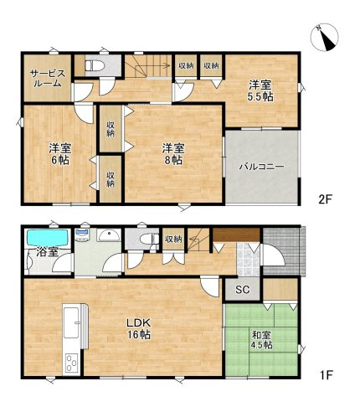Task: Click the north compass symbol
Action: pos(324,38)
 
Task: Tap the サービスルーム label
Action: pos(48,79)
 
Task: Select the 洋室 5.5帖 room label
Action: pos(260,90)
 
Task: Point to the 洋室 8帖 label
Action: pos(173,153)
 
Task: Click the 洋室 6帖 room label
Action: pos(60,153)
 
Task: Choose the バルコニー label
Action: pos(261,167)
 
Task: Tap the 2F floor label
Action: pos(325,199)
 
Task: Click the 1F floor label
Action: pos(325,375)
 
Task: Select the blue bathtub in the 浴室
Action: pos(48,238)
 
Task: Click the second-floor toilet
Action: pos(95,66)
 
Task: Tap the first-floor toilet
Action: pos(148,239)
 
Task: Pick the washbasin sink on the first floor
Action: pos(109,235)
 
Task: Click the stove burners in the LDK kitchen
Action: pos(72,363)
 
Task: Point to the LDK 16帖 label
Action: pos(139,328)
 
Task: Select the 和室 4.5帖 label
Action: pos(261,340)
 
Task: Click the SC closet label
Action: pos(242,290)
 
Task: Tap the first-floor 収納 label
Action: pos(173,239)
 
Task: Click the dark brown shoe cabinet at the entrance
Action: pos(236,235)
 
